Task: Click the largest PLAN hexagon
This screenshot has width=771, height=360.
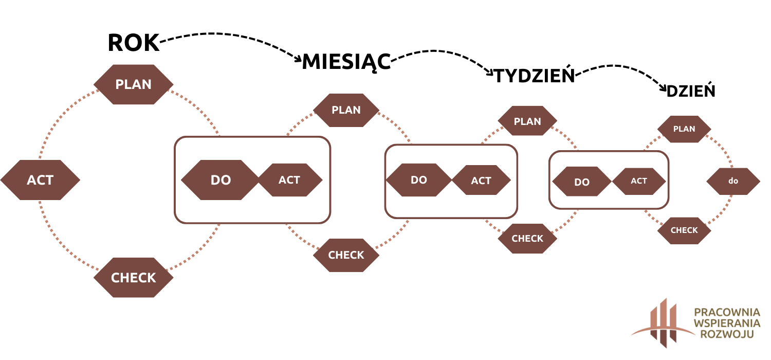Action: pyautogui.click(x=134, y=84)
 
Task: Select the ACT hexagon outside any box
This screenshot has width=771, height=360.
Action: pyautogui.click(x=40, y=180)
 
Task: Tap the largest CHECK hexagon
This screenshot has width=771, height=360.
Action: pyautogui.click(x=134, y=278)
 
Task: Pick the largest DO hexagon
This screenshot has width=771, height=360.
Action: pyautogui.click(x=221, y=180)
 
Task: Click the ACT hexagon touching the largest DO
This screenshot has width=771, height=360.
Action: pyautogui.click(x=289, y=180)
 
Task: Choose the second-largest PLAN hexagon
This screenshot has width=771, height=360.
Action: pyautogui.click(x=346, y=110)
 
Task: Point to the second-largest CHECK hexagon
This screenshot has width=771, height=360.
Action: pyautogui.click(x=346, y=255)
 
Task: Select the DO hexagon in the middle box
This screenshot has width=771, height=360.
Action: pyautogui.click(x=419, y=180)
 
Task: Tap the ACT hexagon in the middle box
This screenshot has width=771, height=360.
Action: pyautogui.click(x=481, y=181)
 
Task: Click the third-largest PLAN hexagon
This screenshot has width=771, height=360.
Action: pyautogui.click(x=527, y=121)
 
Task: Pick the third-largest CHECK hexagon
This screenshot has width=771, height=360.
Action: pyautogui.click(x=527, y=239)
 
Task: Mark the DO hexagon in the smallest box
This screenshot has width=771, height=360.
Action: pyautogui.click(x=582, y=182)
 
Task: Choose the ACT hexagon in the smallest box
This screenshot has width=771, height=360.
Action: pyautogui.click(x=639, y=181)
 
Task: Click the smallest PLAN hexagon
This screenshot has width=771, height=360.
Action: pyautogui.click(x=684, y=129)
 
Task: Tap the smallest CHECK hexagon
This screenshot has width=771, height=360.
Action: pyautogui.click(x=684, y=230)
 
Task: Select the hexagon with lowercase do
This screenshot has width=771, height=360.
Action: pyautogui.click(x=733, y=181)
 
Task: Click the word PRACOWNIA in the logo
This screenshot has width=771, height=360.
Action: pyautogui.click(x=727, y=312)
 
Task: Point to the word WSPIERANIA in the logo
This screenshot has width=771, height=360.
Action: pyautogui.click(x=727, y=323)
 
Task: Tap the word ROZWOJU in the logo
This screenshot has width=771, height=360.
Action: pyautogui.click(x=727, y=334)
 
